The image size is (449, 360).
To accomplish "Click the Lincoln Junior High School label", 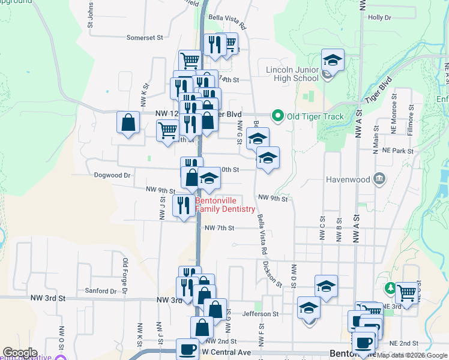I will click(292, 74).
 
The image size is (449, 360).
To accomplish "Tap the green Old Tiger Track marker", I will click(277, 116).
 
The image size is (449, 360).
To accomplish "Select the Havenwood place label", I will click(349, 179).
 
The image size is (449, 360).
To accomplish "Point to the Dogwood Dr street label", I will click(112, 176).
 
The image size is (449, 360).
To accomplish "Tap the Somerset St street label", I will click(145, 37).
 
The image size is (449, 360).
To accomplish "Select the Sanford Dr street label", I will click(100, 291).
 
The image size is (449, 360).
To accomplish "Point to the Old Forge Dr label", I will click(125, 275).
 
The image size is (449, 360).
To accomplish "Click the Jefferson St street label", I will click(261, 314).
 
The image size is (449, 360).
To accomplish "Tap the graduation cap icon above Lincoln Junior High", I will click(333, 59).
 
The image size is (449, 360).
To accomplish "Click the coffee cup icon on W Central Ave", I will click(187, 349).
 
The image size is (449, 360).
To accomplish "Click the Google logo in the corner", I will click(20, 353).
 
